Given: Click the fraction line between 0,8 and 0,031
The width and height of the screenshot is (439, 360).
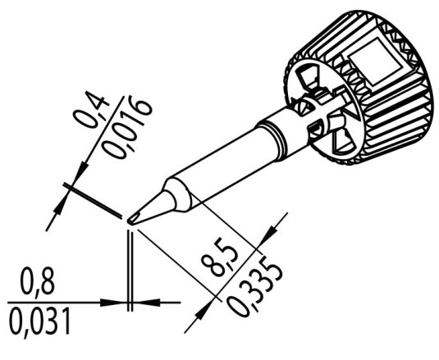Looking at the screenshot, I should [x=49, y=301].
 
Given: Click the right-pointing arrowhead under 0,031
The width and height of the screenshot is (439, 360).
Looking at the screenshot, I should [x=120, y=302].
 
